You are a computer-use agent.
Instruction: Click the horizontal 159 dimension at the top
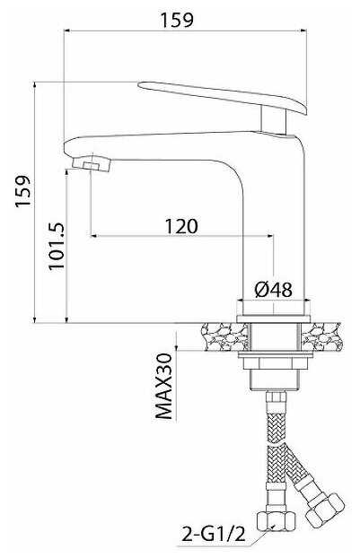(x=177, y=20)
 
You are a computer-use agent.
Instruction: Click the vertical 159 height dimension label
(x=22, y=191)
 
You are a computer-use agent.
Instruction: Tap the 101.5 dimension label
(x=57, y=247)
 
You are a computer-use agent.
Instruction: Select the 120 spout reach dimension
(x=181, y=226)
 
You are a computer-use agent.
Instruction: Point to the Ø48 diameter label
(x=274, y=290)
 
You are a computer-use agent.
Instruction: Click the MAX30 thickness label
(x=164, y=386)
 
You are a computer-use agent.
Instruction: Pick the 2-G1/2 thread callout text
(x=214, y=534)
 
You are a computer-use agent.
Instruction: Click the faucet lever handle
(x=223, y=96)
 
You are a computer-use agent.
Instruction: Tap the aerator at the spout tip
(x=92, y=163)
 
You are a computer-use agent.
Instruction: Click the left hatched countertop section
(x=224, y=337)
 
